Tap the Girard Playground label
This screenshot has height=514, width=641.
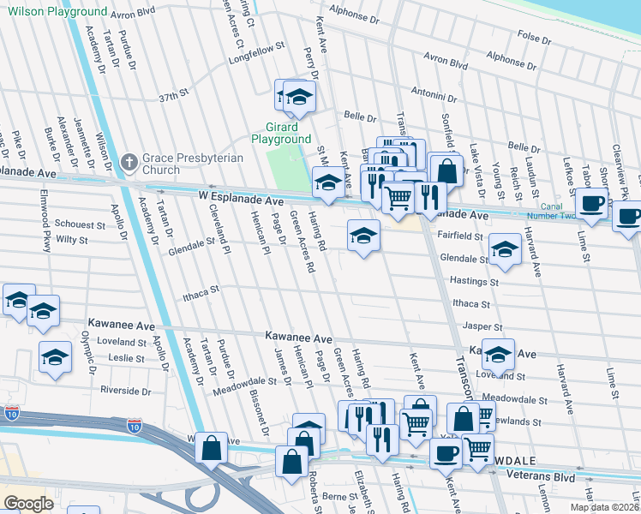click(281, 133)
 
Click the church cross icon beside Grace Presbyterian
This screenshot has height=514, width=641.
click(129, 161)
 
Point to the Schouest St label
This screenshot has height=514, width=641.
click(79, 223)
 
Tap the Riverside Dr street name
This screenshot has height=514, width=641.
click(124, 390)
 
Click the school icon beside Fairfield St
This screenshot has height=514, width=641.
click(363, 236)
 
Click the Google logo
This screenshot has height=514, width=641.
click(28, 504)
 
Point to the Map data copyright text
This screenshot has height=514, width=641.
click(604, 507)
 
